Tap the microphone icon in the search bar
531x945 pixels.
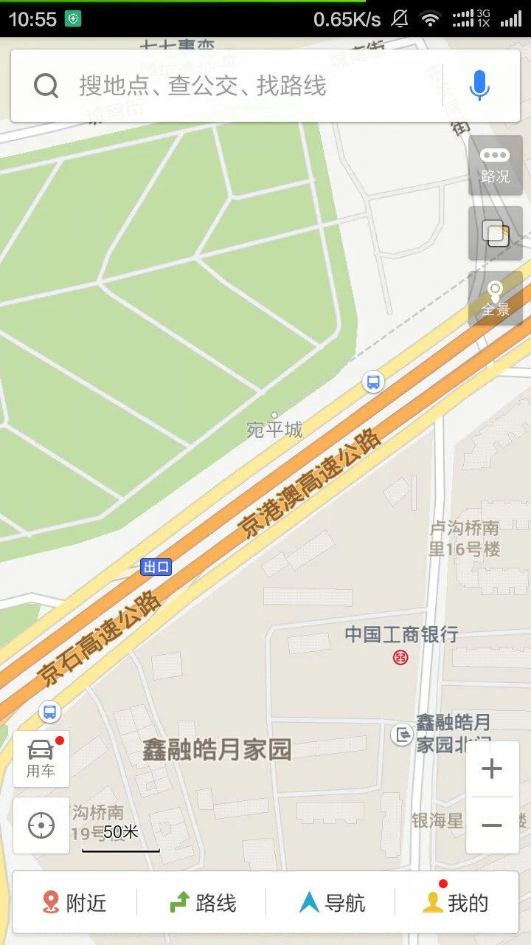coord(479,86)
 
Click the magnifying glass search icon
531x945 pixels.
coord(46,86)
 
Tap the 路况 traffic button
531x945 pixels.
coord(495,165)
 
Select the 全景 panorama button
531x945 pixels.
coord(495,298)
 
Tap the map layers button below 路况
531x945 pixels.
coord(495,233)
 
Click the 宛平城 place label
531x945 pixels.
coord(274,429)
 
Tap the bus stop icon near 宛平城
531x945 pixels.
coord(374,382)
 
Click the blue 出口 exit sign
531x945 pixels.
coord(156,567)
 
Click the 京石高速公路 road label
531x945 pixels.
coord(100,639)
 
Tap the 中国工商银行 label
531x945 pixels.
coord(401,634)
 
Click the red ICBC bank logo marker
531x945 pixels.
coord(400,656)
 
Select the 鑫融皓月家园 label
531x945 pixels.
coord(217,749)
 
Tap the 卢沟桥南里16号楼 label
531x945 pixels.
coord(465,538)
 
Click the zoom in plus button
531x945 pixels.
coord(492,769)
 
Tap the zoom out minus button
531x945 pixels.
coord(492,825)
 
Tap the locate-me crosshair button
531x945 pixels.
coord(41,825)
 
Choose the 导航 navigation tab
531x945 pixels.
coord(332,902)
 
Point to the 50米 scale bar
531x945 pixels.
coord(121,840)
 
